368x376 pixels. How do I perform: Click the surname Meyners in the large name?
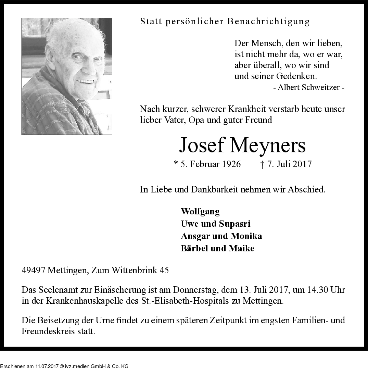pos(268,145)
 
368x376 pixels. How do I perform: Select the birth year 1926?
pos(231,164)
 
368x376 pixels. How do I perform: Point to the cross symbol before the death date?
pos(262,164)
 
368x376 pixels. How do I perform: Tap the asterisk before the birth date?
pos(176,163)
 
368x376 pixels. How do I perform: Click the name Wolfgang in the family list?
pos(200,212)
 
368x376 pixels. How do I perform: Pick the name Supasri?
pos(235,224)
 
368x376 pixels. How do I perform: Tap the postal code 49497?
pos(34,270)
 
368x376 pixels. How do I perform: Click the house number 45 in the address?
pos(164,270)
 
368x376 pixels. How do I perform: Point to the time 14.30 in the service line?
pos(317,290)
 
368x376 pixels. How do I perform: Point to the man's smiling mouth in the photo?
pos(85,82)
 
